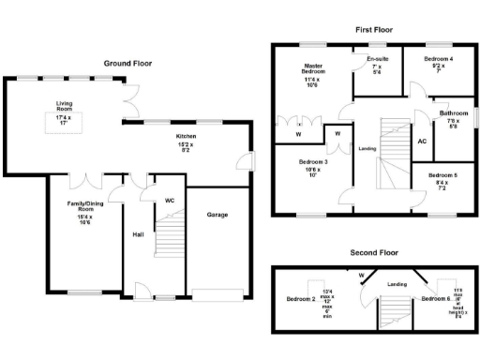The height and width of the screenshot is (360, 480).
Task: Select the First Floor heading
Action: tap(374, 30)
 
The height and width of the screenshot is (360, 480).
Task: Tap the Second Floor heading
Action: tap(375, 253)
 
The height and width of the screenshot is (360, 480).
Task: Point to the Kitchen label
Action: tap(187, 137)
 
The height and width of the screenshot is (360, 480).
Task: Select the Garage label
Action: tap(217, 215)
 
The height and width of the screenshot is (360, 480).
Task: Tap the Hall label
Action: tap(137, 233)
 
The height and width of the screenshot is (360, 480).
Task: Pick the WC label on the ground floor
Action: tap(170, 200)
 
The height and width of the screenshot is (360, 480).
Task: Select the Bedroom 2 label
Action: tap(299, 299)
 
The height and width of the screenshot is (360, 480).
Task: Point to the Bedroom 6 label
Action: tap(434, 299)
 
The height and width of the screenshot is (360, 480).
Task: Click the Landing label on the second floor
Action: tap(397, 282)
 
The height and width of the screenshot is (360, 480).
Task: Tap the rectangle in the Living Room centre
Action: tap(63, 122)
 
